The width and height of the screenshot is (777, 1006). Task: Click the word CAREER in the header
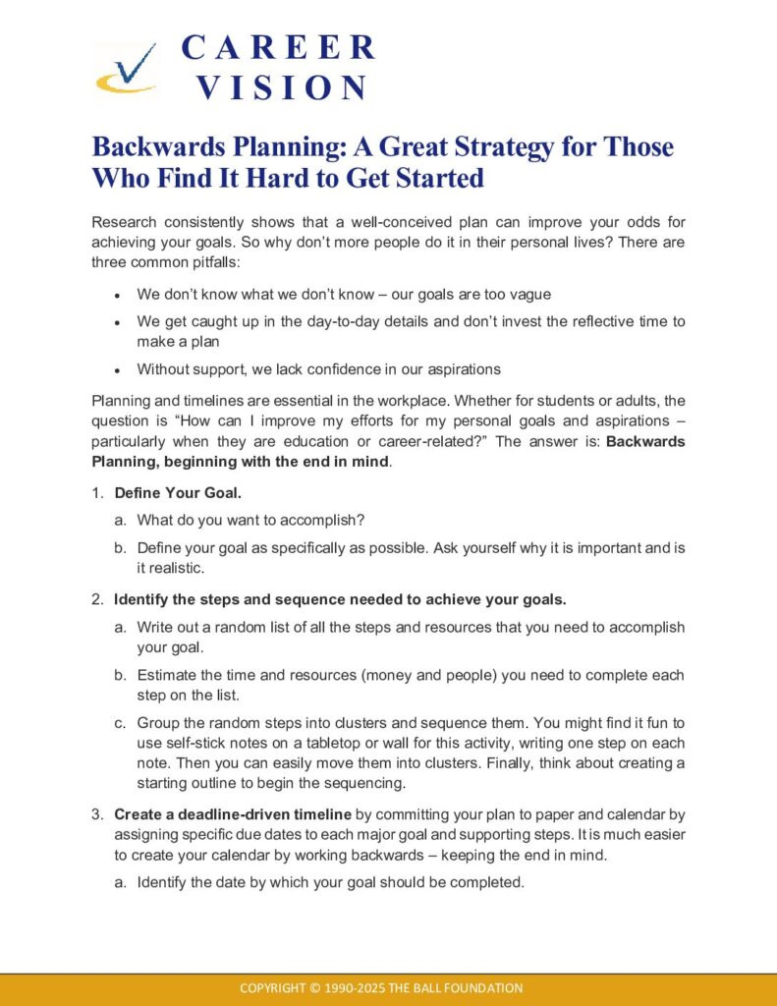[x=278, y=47]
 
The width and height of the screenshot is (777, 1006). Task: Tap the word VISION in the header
[x=281, y=87]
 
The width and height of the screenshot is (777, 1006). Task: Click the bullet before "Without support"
[x=118, y=370]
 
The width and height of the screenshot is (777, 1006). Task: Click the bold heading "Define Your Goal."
[x=172, y=492]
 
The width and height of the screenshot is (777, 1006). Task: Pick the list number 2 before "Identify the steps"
[x=97, y=598]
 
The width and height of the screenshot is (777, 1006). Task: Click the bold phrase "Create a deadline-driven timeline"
[x=233, y=813]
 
